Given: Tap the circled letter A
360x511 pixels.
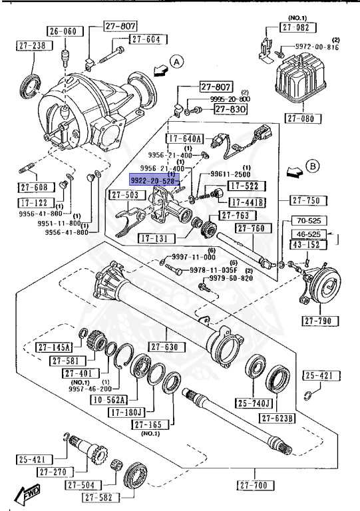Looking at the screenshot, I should [176, 62].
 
